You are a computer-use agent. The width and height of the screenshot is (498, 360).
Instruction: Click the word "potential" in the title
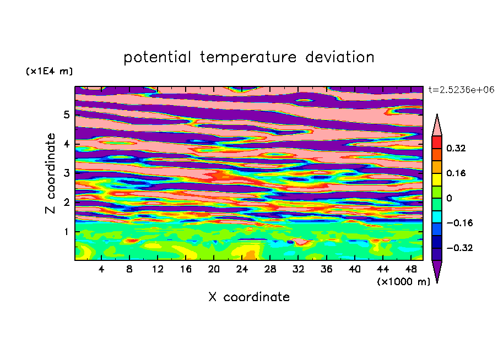(x=157, y=57)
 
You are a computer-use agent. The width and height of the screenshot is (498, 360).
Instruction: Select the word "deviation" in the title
(x=340, y=57)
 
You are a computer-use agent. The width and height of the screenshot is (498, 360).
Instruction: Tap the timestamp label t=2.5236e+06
(x=461, y=90)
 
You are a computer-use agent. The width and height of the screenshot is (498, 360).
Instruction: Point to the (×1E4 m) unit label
(x=49, y=71)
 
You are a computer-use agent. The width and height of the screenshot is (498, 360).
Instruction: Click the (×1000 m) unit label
(x=403, y=281)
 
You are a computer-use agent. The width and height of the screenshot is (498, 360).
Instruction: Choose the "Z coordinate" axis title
(x=51, y=173)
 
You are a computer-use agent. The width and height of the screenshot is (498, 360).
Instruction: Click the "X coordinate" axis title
(x=249, y=297)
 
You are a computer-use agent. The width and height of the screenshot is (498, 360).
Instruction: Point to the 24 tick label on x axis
(x=242, y=269)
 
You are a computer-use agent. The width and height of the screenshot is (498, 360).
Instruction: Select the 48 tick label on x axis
(x=411, y=269)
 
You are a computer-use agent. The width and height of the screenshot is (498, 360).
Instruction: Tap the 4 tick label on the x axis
(x=101, y=269)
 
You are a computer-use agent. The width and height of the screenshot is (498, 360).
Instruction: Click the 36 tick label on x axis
(x=326, y=269)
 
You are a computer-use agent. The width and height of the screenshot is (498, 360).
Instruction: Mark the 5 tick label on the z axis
(x=66, y=114)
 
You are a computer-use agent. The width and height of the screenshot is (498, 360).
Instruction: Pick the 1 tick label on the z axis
(x=66, y=232)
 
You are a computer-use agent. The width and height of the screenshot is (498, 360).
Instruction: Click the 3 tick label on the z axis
(x=66, y=173)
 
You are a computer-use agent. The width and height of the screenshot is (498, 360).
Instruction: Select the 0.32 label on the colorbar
(x=456, y=148)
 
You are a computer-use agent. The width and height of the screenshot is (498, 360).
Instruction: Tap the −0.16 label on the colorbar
(x=459, y=223)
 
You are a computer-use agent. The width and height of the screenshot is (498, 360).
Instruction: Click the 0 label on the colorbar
(x=449, y=198)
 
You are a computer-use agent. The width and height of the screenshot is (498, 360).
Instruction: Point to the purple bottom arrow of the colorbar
(x=437, y=270)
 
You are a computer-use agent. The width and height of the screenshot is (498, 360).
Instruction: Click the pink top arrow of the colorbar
(x=437, y=126)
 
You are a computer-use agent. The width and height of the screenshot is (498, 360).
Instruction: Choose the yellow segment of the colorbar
(x=437, y=179)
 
